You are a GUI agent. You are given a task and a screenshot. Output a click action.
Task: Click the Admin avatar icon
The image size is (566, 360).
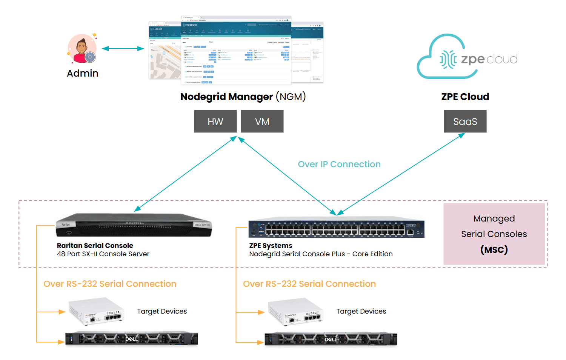click(82, 49)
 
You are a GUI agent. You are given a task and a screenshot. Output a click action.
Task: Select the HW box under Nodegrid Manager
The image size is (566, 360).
click(215, 122)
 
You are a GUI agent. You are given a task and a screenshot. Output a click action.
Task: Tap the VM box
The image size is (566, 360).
click(262, 122)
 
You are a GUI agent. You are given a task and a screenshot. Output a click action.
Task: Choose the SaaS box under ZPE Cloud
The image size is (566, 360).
click(465, 122)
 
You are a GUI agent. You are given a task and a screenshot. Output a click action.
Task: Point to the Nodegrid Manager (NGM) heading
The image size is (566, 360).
click(243, 97)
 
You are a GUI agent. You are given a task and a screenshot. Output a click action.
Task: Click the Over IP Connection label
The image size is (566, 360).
click(339, 164)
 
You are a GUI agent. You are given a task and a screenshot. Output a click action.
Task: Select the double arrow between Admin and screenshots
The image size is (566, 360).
click(123, 49)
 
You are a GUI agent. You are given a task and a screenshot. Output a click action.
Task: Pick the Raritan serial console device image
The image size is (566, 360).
click(134, 225)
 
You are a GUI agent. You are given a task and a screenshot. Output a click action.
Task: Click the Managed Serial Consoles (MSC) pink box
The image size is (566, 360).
click(494, 234)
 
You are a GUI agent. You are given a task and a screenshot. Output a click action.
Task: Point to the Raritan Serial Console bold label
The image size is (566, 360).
click(95, 246)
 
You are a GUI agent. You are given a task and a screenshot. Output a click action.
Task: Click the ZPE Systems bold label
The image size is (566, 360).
click(271, 246)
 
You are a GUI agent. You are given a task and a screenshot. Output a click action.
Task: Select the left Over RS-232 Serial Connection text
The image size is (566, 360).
click(110, 284)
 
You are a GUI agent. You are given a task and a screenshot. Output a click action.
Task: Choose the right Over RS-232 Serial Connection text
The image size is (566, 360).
click(309, 284)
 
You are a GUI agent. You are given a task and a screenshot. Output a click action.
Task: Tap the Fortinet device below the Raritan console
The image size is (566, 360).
click(96, 312)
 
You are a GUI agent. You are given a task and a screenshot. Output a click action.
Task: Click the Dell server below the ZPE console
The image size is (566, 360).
click(331, 339)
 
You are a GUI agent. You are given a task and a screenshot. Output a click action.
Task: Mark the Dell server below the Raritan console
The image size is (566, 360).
click(132, 338)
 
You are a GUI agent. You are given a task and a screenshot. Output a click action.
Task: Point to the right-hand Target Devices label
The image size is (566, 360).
click(361, 311)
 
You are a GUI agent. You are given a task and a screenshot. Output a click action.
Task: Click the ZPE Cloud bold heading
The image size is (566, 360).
click(465, 97)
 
